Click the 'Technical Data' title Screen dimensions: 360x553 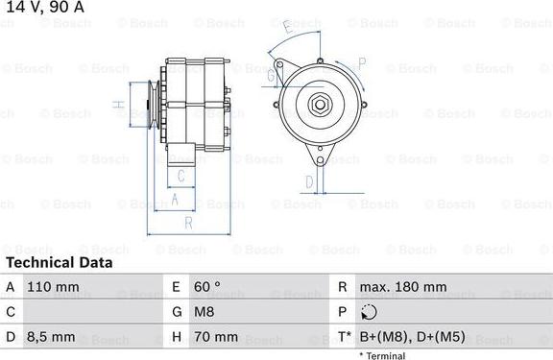coord(59,262)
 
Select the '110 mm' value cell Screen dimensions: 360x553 coord(54,287)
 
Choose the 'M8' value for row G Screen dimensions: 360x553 coord(204,312)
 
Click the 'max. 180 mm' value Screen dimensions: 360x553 coord(402,287)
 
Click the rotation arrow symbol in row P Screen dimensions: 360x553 coord(370,312)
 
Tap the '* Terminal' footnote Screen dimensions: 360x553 coord(382,355)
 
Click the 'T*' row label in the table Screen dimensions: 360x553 coord(343,337)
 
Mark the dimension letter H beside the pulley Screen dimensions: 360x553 coord(117,105)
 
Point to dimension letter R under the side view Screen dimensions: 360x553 coord(189,223)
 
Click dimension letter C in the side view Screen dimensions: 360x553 coord(180,175)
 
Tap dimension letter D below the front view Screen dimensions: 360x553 coord(309,180)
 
